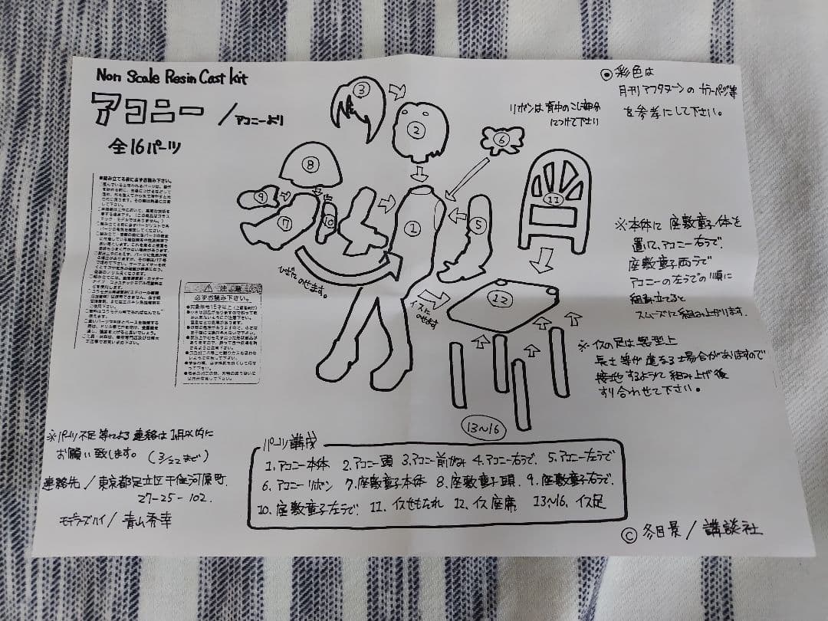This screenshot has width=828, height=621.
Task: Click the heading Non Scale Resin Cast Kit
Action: [172, 77]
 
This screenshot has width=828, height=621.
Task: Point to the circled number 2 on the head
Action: [416, 130]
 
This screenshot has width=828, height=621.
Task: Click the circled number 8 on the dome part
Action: [310, 163]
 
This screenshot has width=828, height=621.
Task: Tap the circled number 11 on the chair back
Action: [554, 199]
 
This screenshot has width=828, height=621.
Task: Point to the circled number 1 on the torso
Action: [412, 227]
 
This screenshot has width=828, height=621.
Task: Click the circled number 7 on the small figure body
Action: [287, 224]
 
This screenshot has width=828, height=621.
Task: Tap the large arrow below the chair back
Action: [543, 260]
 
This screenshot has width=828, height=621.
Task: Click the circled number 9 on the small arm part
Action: [261, 198]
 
